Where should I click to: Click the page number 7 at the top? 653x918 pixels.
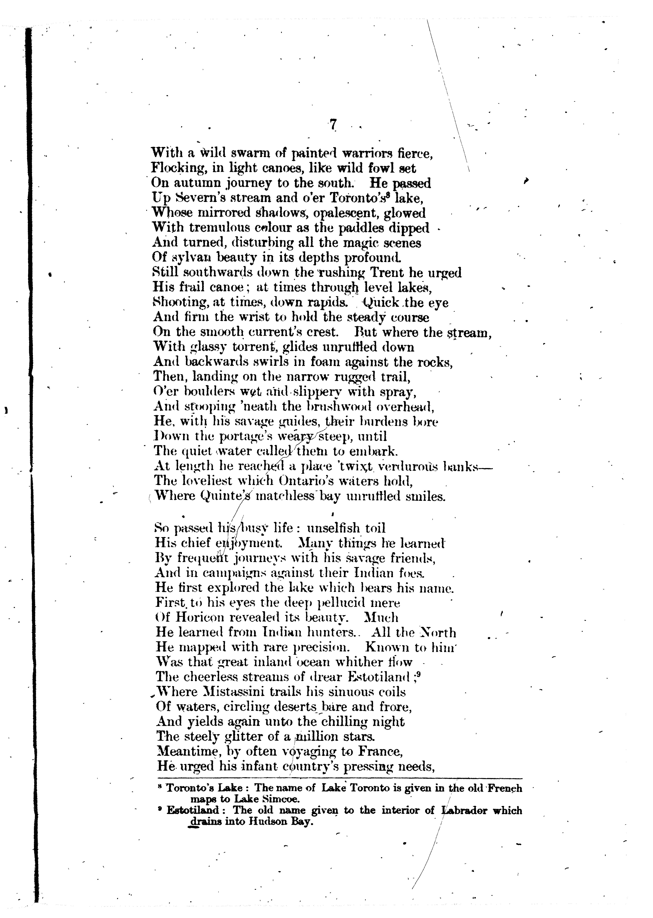click(x=333, y=125)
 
